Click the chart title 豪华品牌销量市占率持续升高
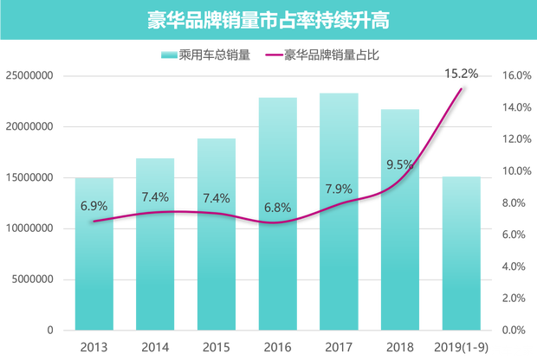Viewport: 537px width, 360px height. tap(268, 20)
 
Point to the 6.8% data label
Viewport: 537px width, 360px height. tap(277, 208)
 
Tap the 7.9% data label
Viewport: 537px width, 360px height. tap(339, 189)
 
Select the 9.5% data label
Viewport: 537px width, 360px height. tap(399, 164)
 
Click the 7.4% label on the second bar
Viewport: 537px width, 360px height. tap(154, 197)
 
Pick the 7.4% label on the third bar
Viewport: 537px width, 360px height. tap(216, 198)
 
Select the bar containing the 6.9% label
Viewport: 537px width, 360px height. tap(94, 268)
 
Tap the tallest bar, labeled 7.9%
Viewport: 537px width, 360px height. tap(339, 260)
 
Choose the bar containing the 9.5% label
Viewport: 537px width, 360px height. tap(399, 260)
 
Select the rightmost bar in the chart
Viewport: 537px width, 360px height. tap(461, 260)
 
